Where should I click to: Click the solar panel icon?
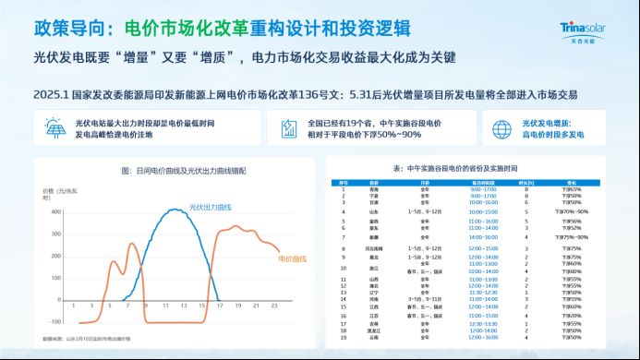pos(47,129)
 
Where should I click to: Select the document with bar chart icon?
pos(289,129)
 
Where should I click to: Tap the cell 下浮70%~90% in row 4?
pos(585,211)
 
